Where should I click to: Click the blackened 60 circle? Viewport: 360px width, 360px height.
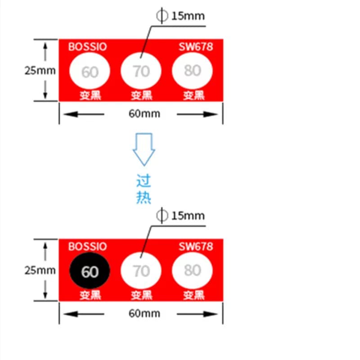(90, 270)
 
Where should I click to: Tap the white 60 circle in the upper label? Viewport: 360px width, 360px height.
(90, 71)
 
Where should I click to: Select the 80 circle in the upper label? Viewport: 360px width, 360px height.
(193, 71)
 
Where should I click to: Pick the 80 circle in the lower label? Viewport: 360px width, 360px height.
(193, 270)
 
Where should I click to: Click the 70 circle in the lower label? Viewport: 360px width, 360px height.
(141, 270)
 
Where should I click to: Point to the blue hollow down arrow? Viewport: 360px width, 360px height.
(144, 149)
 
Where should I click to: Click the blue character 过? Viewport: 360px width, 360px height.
(144, 181)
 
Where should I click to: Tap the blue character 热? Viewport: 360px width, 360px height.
(144, 197)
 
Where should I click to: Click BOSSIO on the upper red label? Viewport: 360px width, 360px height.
(87, 47)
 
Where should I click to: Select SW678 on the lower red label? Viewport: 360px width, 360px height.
(196, 247)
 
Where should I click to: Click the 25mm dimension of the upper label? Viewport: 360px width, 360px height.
(40, 71)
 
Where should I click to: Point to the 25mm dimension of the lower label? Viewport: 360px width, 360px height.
(40, 270)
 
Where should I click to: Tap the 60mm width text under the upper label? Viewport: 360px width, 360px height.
(144, 114)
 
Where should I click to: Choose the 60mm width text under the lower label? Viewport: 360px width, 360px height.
(144, 313)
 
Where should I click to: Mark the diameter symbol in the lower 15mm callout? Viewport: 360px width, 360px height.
(162, 216)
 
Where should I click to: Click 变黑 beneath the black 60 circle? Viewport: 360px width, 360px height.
(90, 295)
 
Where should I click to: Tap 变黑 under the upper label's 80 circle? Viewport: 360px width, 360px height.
(194, 95)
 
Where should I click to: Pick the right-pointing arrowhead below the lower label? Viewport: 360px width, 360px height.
(211, 314)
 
